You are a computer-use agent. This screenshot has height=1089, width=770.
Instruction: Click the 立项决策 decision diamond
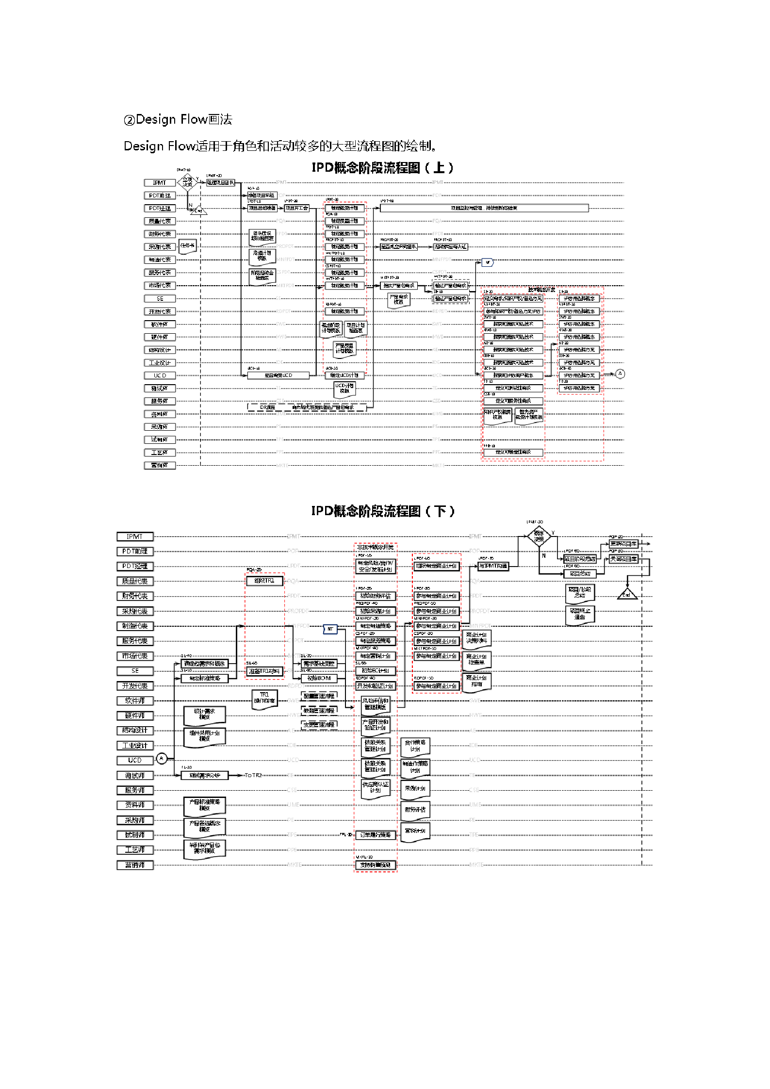click(x=187, y=182)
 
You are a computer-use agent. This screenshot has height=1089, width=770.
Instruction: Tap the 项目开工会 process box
click(x=296, y=208)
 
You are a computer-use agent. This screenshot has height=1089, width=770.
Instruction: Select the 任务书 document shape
click(x=187, y=246)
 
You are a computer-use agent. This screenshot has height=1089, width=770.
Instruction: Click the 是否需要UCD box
click(x=278, y=375)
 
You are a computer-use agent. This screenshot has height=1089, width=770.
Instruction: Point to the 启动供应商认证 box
click(x=450, y=247)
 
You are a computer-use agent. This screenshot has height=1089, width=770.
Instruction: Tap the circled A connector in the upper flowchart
click(x=620, y=374)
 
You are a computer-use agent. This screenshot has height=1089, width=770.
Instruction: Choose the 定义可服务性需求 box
click(x=513, y=401)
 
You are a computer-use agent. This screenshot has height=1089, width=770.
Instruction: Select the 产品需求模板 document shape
click(x=398, y=300)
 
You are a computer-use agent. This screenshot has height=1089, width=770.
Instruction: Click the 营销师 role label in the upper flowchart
click(x=160, y=465)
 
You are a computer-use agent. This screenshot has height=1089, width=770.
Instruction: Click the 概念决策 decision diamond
click(x=539, y=536)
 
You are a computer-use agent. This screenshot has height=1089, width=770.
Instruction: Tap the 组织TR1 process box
click(x=264, y=581)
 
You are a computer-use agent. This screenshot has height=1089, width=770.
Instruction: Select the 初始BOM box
click(x=319, y=678)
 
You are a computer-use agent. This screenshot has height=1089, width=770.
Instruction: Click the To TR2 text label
click(x=253, y=775)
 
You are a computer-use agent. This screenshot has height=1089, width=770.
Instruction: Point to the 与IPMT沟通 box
click(x=493, y=566)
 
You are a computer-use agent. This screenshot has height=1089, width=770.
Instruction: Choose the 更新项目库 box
click(x=623, y=544)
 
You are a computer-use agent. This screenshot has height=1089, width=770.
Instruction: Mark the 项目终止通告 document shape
click(x=580, y=614)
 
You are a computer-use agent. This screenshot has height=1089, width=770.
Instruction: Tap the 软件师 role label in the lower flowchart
click(x=135, y=700)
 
